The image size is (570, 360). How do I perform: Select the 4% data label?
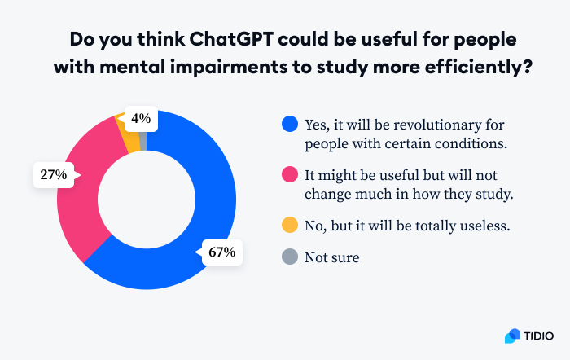[x=140, y=119]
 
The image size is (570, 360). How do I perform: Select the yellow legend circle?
[x=288, y=225]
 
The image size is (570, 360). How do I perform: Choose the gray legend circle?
[x=288, y=258]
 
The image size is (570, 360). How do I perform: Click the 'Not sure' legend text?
[x=331, y=258]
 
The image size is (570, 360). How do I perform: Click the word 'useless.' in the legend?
[x=484, y=225]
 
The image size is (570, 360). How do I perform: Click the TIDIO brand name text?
[x=538, y=336]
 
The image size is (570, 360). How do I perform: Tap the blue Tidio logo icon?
[x=512, y=336]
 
